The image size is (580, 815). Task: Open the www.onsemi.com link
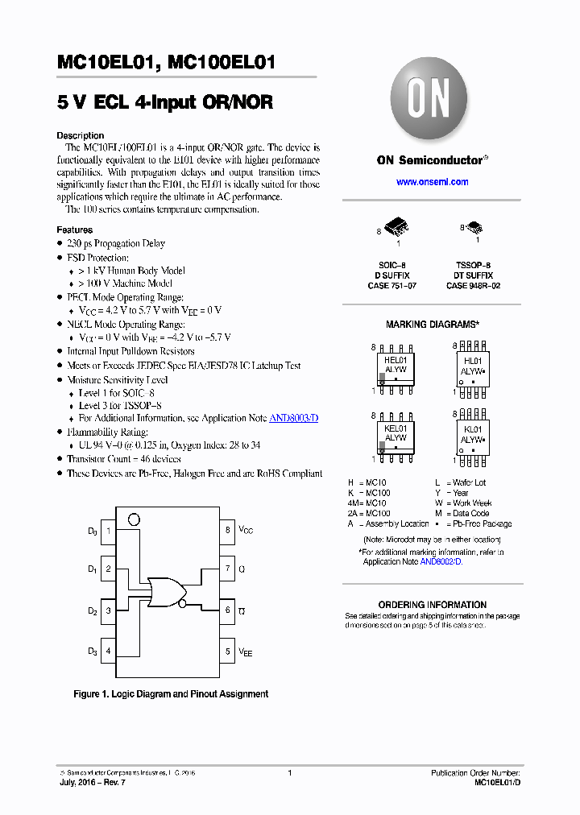tap(432, 182)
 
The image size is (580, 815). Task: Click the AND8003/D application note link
tap(292, 419)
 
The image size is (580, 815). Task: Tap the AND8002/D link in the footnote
tap(440, 561)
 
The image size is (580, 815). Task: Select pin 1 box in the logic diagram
tap(108, 531)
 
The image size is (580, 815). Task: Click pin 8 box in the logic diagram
tap(228, 531)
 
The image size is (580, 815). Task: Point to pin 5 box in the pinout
tap(228, 652)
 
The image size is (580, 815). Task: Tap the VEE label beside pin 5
tap(245, 652)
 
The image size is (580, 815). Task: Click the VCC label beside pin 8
tap(246, 531)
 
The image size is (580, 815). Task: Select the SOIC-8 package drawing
tap(396, 228)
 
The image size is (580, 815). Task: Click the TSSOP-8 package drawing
tap(474, 228)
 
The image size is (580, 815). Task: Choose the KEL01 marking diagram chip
tap(396, 435)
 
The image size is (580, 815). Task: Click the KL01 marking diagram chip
tap(473, 435)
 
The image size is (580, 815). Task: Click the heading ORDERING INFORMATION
tap(433, 605)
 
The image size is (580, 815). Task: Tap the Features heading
tap(74, 230)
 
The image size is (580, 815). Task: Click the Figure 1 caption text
tap(171, 694)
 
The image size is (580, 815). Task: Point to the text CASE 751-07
tap(392, 286)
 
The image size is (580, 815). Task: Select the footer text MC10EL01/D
tap(497, 783)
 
